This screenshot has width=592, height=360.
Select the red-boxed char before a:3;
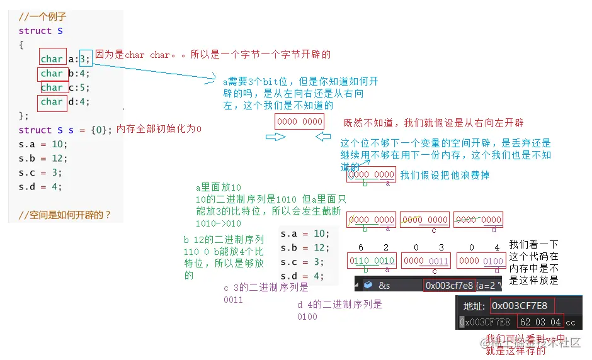pos(52,59)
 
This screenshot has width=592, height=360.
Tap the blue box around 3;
pos(86,59)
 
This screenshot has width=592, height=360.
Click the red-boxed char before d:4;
pos(52,101)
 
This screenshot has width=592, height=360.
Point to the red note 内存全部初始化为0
pos(159,129)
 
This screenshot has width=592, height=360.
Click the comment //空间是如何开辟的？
pos(65,215)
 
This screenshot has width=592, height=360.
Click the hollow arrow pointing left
pos(322,137)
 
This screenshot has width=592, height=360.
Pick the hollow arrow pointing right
pos(275,137)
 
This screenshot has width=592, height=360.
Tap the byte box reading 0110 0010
pos(372,261)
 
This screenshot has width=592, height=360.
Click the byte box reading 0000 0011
pos(426,261)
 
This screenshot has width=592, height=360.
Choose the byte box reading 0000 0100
pos(481,261)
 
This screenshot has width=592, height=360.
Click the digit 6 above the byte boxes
pos(361,247)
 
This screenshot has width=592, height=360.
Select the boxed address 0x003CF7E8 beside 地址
pos(520,306)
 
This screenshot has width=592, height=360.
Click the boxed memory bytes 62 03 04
pos(540,322)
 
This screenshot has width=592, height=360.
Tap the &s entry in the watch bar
pos(384,285)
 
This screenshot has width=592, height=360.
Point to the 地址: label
pos(475,307)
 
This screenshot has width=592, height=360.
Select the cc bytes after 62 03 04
pos(571,322)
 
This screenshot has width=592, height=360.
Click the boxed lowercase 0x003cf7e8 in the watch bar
pos(449,285)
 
